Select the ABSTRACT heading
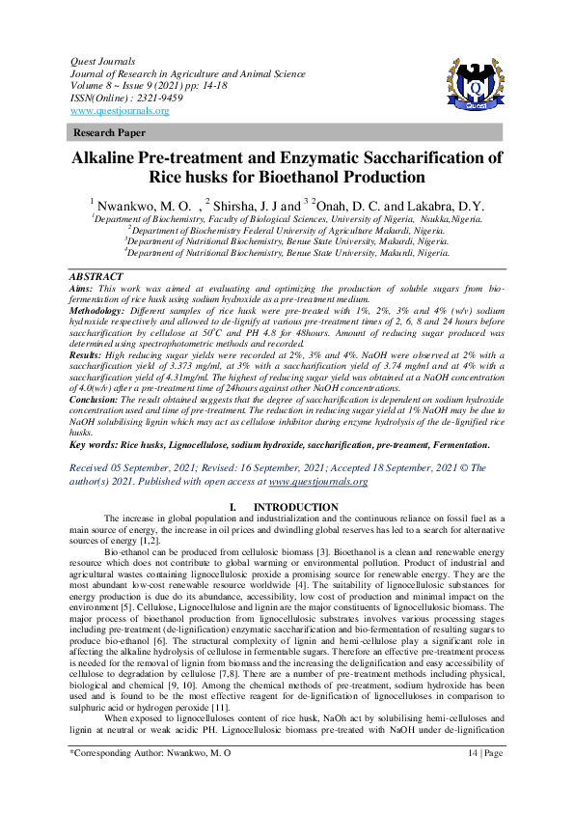[x=96, y=276]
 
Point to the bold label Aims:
[x=84, y=289]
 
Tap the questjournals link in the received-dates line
[x=318, y=480]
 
